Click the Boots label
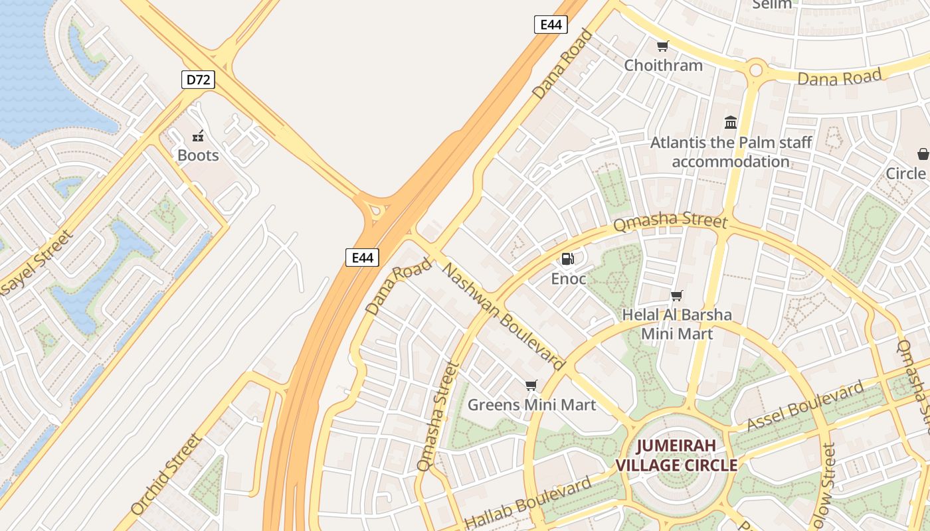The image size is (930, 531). (198, 155)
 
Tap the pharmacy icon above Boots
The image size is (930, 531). (198, 137)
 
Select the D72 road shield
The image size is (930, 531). (198, 80)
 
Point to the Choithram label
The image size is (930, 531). (663, 65)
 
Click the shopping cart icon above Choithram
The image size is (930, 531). (662, 46)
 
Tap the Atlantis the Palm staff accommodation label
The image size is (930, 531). (731, 152)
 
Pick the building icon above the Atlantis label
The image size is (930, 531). (731, 122)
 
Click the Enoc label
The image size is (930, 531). (569, 279)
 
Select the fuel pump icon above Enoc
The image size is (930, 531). (568, 259)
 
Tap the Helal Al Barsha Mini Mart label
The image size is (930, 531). (677, 324)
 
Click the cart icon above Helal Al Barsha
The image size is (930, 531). (676, 296)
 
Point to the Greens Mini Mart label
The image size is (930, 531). (531, 404)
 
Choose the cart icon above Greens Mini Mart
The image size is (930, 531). (531, 386)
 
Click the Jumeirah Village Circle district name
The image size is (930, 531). (676, 455)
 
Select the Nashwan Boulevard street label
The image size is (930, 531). (504, 317)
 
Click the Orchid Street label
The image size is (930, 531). (166, 475)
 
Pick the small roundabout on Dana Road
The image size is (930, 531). (755, 69)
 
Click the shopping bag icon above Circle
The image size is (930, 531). (923, 154)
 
